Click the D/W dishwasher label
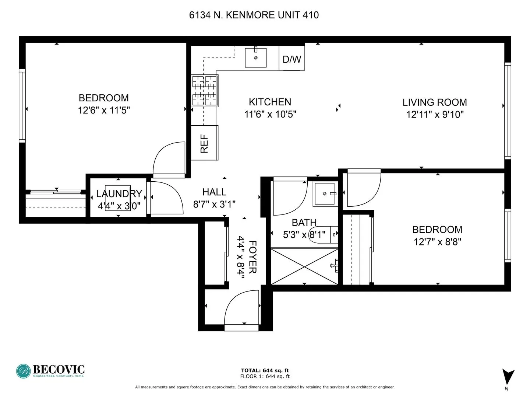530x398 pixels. [x=291, y=59]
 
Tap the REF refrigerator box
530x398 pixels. [x=204, y=143]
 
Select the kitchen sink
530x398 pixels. [x=256, y=57]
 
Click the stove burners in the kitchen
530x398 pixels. [x=205, y=91]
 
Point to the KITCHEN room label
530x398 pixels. [x=270, y=102]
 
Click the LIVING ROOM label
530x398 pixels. [x=434, y=102]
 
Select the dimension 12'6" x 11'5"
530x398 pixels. [x=104, y=110]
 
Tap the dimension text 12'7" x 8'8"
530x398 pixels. [x=437, y=242]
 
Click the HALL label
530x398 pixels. [x=214, y=192]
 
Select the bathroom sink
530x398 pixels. [x=325, y=194]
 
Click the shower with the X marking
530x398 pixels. [x=304, y=266]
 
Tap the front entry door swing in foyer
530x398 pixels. [x=241, y=307]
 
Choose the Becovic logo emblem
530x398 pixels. [x=24, y=371]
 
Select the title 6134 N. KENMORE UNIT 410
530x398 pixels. [x=254, y=15]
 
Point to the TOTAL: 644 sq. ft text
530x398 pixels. [x=265, y=370]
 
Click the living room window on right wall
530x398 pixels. [x=508, y=111]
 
